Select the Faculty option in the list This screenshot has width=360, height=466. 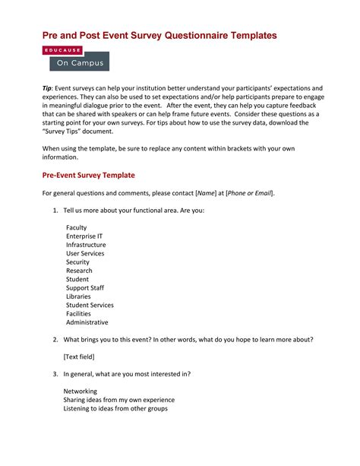tap(76, 227)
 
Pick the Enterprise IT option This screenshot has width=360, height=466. tap(84, 236)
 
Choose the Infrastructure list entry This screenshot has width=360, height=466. tap(85, 245)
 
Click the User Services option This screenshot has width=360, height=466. tap(84, 253)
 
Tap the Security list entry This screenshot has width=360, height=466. tap(77, 262)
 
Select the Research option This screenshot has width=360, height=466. tap(79, 271)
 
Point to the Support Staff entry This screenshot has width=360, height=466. tap(85, 287)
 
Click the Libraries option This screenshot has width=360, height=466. tap(79, 296)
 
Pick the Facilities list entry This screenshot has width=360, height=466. tap(78, 313)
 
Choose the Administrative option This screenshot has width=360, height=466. tap(87, 322)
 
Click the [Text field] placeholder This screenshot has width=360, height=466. tap(79, 357)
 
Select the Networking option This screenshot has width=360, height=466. tap(80, 391)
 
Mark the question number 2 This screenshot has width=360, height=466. tap(55, 339)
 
